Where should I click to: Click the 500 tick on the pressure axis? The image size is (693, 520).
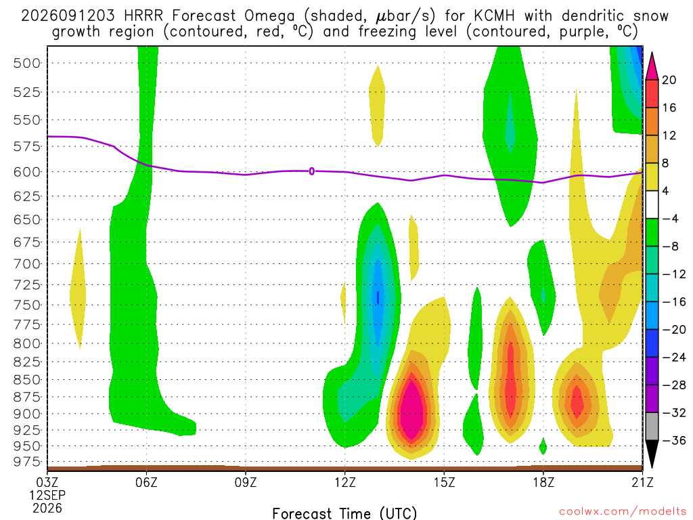coord(27,63)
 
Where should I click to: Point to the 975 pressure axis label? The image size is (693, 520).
coord(27,462)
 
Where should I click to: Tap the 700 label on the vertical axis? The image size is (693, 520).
coord(27,264)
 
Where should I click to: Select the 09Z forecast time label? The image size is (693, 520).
coord(245,482)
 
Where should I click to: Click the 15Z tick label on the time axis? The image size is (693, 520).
coord(444,482)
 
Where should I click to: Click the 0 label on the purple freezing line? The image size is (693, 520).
coord(311,171)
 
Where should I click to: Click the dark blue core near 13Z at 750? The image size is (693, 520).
coord(378,297)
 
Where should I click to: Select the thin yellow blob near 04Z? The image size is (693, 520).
coord(78,290)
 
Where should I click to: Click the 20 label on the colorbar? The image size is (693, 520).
coord(669,80)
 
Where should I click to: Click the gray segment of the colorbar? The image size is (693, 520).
coord(652,427)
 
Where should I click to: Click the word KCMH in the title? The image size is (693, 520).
coord(494,16)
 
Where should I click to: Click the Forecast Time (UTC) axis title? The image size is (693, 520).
coord(344,513)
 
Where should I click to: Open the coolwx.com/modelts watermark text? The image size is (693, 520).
coord(623,512)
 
